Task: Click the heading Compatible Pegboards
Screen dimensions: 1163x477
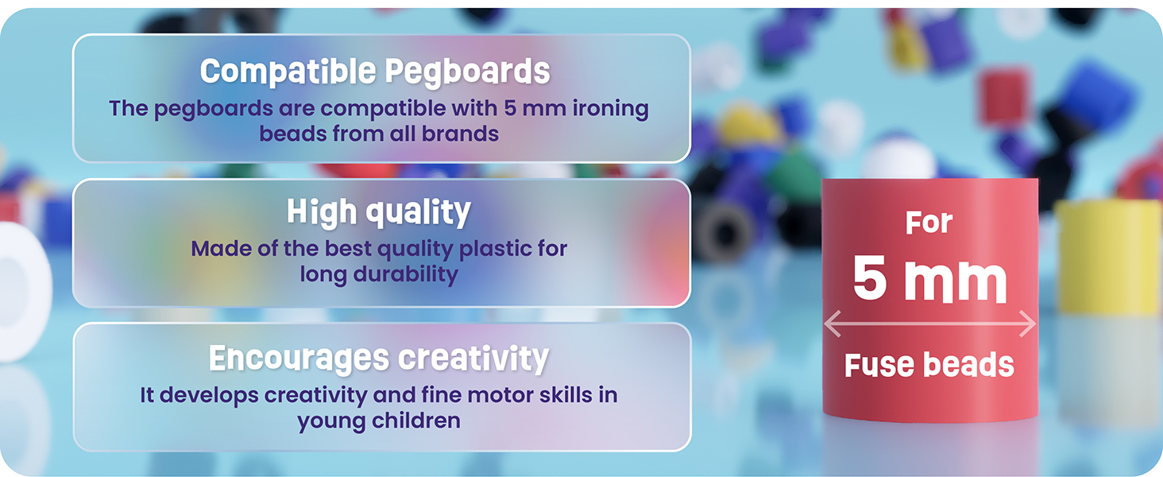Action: pyautogui.click(x=375, y=72)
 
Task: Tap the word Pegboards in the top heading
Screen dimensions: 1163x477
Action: pyautogui.click(x=467, y=72)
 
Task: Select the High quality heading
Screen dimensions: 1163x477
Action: pyautogui.click(x=379, y=212)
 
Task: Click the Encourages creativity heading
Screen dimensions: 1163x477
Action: pyautogui.click(x=379, y=359)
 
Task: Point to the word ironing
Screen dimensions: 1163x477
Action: pyautogui.click(x=611, y=109)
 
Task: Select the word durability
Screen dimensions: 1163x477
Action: pyautogui.click(x=405, y=274)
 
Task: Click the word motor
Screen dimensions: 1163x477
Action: pyautogui.click(x=500, y=395)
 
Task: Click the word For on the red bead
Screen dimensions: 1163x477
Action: pyautogui.click(x=929, y=223)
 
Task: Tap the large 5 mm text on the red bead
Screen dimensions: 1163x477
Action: pyautogui.click(x=929, y=280)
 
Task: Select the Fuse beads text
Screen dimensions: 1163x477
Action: pyautogui.click(x=929, y=365)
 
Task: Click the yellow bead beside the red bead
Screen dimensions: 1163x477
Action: pyautogui.click(x=1109, y=258)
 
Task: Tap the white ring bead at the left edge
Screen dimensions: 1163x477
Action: pyautogui.click(x=23, y=291)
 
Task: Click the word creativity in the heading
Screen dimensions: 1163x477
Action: pyautogui.click(x=473, y=359)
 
